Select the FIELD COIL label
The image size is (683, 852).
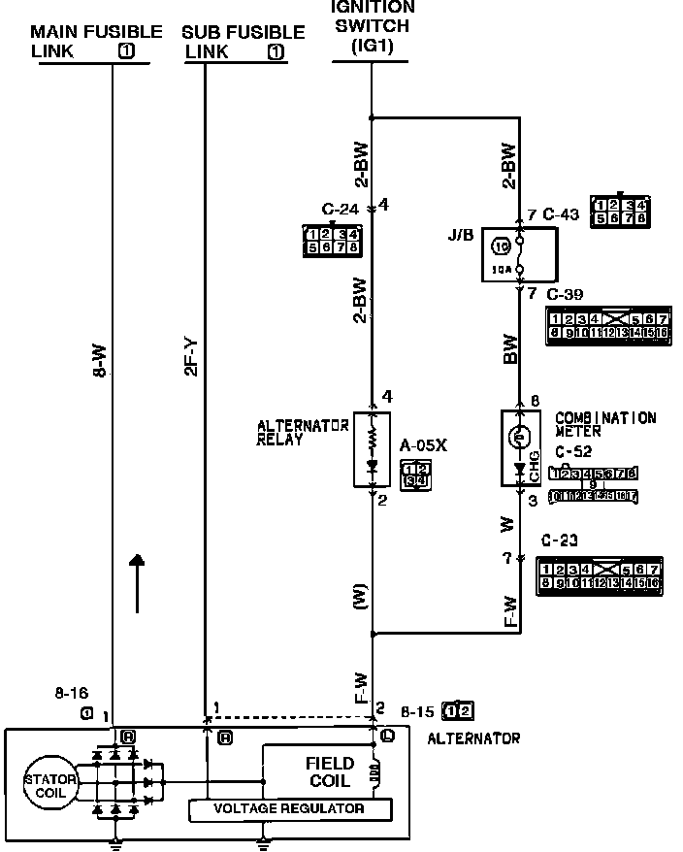(x=330, y=772)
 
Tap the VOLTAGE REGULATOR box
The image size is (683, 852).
(x=289, y=808)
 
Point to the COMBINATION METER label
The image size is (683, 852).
(x=605, y=424)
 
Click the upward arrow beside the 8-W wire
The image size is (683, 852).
(x=138, y=582)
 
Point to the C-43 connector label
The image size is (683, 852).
(x=561, y=214)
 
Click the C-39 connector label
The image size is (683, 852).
(x=566, y=293)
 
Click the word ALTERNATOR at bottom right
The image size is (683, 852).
(x=473, y=738)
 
